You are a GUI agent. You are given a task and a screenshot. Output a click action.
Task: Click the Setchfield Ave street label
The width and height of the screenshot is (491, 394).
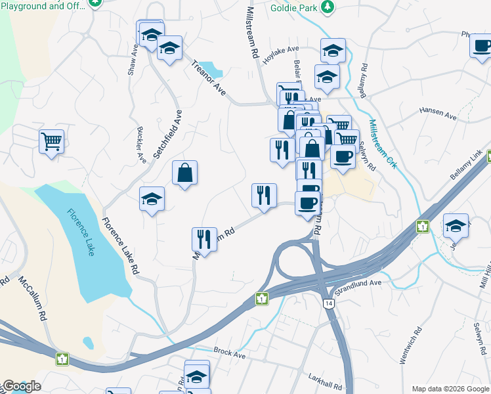click(x=167, y=134)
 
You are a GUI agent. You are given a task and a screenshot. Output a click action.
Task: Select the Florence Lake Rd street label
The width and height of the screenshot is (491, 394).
click(x=121, y=246)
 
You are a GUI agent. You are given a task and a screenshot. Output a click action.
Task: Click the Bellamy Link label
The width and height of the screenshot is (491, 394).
click(x=466, y=165)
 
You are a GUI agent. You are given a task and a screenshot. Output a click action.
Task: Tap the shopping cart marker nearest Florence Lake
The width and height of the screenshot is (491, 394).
click(x=51, y=141)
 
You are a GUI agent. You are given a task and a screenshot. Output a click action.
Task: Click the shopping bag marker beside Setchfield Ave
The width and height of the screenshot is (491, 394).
click(x=185, y=173)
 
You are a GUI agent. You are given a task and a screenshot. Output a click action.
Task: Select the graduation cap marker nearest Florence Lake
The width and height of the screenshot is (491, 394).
click(x=152, y=200)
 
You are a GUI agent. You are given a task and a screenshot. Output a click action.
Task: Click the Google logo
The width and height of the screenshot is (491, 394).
click(x=21, y=386)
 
